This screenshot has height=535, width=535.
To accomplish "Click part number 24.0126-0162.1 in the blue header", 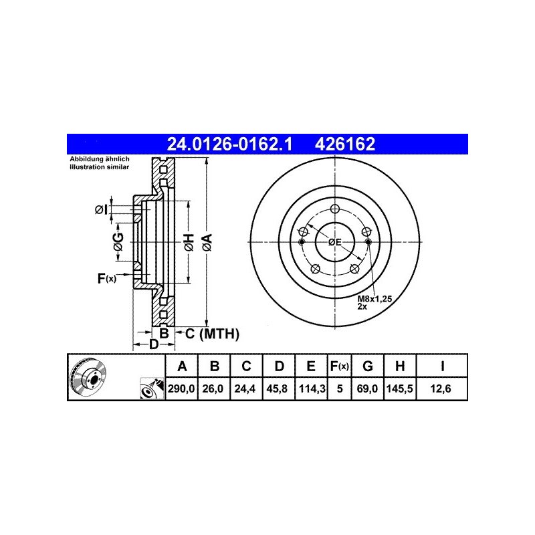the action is coord(229,144).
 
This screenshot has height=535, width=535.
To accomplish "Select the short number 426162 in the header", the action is coord(345,144).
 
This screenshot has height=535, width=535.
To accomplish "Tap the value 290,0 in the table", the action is coord(181,389).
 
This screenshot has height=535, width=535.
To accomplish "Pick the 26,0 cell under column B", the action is coord(213,389).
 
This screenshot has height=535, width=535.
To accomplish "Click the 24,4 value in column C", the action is coord(245,389).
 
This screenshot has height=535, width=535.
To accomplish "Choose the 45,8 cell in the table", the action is coord(277,389).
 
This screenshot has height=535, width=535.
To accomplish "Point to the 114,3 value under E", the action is coord(312,389).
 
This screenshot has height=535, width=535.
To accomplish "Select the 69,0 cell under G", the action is coord(367,389).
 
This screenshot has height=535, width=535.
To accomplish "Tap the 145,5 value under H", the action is coord(399,389).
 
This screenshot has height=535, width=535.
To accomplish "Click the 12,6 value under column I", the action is coord(441,389).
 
